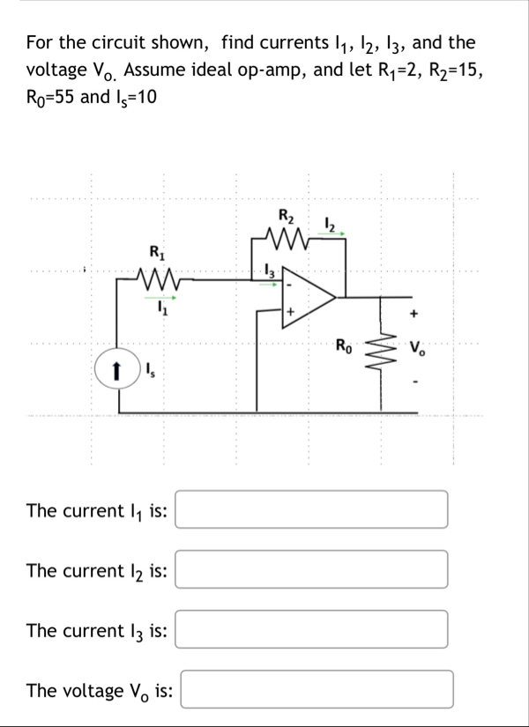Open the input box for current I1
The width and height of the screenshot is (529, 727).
310,510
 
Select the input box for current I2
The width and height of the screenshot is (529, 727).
310,570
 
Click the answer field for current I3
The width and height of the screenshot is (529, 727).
310,629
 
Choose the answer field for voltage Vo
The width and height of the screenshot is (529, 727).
317,689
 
